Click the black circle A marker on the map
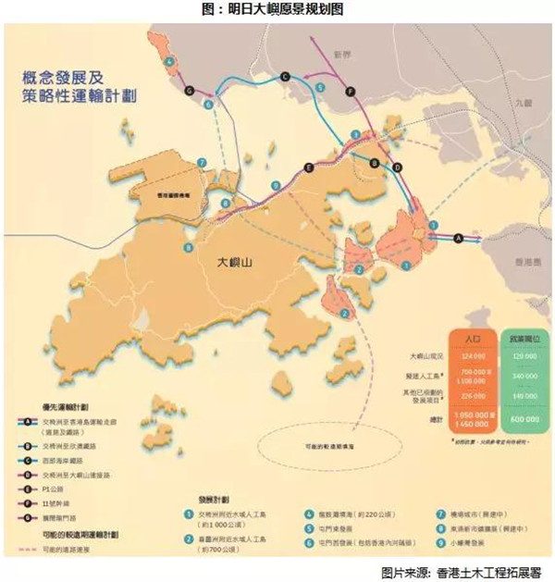click(x=457, y=238)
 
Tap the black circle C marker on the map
click(x=284, y=76)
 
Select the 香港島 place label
click(x=524, y=264)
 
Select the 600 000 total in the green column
click(x=524, y=420)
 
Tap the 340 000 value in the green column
click(x=524, y=377)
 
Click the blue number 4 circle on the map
click(x=170, y=62)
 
